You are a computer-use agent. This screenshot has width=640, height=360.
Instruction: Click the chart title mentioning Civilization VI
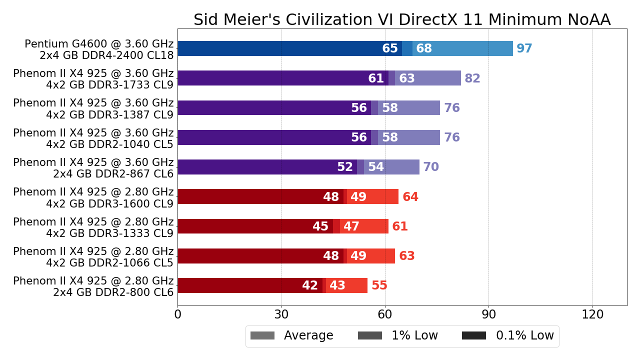point(401,20)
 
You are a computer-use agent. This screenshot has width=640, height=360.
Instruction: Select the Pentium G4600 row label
point(99,49)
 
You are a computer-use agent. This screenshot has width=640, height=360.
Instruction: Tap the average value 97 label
point(524,49)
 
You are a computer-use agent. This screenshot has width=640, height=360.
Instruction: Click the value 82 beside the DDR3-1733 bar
point(472,78)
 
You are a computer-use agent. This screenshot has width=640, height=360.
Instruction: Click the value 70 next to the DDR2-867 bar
point(430,167)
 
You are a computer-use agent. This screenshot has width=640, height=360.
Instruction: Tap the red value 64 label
point(410,197)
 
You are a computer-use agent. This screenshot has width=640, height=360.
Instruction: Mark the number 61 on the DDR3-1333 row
point(399,226)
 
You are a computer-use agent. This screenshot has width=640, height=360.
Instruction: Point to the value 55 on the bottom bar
point(379,285)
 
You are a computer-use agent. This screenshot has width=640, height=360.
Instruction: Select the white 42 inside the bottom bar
point(310,285)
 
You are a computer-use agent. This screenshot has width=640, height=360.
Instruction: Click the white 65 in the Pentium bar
point(390,49)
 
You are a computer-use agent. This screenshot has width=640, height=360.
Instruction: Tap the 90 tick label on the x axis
point(488,315)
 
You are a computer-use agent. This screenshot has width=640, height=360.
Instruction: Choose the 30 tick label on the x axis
point(281,315)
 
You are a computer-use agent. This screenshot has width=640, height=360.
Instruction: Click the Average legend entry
point(292,336)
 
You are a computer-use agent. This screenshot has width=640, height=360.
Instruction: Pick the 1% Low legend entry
point(398,336)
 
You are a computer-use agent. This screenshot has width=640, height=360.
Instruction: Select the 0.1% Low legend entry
point(507,336)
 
